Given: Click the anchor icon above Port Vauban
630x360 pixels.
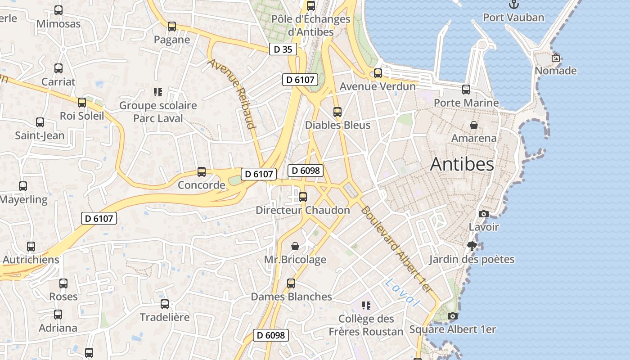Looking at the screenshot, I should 513,4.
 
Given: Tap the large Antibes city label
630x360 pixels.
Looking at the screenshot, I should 462,165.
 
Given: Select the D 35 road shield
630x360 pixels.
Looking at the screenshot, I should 283,49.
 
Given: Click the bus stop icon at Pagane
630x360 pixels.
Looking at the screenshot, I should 172,27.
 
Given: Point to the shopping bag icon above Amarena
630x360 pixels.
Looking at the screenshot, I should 474,125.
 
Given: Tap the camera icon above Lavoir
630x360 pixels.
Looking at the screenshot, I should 484,214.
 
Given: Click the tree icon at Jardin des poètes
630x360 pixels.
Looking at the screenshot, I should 472,246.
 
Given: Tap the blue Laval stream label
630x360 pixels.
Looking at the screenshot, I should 402,292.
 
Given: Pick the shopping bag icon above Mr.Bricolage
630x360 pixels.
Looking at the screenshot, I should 295,246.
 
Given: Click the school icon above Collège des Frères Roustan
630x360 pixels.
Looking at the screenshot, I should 366,306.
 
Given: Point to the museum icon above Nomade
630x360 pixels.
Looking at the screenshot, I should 556,58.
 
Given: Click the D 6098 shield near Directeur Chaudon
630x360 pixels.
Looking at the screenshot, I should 306,171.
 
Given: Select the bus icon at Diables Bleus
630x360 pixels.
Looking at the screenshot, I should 337,112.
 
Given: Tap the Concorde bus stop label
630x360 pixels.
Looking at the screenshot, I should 201,185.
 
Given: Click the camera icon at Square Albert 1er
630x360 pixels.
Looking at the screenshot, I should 453,316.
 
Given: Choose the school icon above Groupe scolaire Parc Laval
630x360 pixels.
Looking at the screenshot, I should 157,92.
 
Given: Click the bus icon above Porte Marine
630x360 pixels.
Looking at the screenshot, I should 466,90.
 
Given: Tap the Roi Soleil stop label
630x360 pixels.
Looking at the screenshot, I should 82,116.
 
